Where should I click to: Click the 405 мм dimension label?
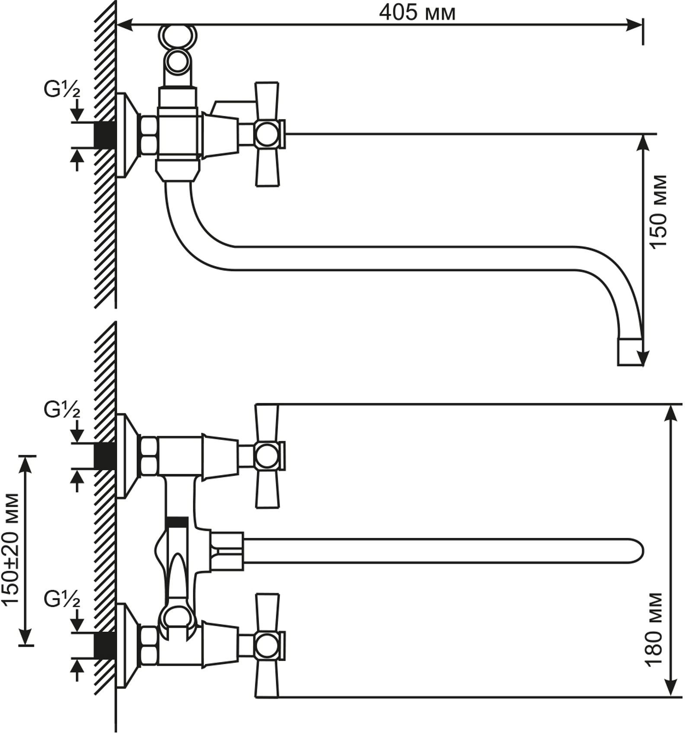click(417, 13)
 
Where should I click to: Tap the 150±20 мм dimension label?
click(11, 550)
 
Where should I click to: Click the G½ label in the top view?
click(62, 89)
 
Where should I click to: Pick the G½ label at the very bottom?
click(62, 601)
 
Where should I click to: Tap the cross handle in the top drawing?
click(267, 134)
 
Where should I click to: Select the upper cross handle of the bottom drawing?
click(267, 456)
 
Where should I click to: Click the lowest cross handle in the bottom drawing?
click(267, 646)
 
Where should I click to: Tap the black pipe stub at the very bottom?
click(105, 646)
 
